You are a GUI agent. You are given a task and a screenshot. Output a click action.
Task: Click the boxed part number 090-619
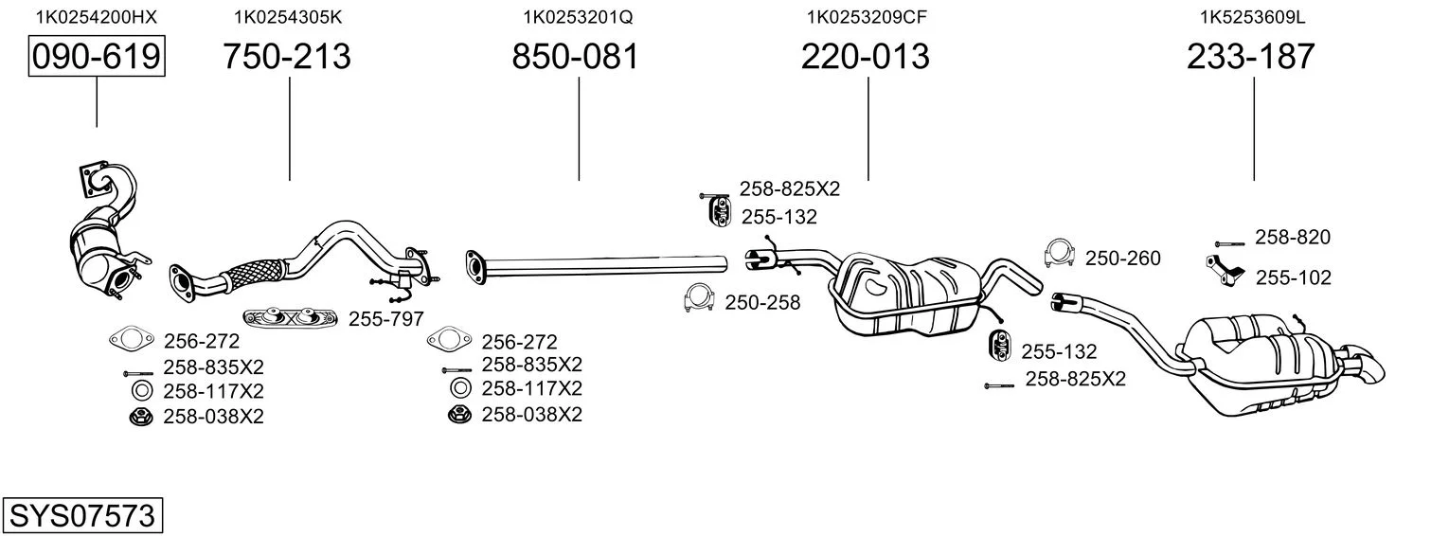coord(97,56)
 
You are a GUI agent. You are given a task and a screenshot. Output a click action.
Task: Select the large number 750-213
coord(287,56)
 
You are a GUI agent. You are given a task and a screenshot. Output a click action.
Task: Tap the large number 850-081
coord(576,56)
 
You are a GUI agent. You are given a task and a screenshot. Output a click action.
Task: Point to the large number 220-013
coord(866,56)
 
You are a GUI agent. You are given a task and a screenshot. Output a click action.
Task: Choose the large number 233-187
coord(1251,56)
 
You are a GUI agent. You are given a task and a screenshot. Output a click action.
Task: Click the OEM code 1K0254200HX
coord(97,17)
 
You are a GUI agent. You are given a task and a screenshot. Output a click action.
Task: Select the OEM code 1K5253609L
coord(1253,17)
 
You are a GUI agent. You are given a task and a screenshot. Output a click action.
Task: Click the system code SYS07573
coord(82,515)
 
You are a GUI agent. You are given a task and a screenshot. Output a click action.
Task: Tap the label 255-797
coord(386,319)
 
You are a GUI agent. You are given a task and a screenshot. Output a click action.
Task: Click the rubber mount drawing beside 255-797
coord(290,317)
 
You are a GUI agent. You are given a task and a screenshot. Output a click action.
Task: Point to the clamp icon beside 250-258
coord(699,298)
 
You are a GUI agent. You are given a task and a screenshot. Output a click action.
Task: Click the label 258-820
coord(1293,238)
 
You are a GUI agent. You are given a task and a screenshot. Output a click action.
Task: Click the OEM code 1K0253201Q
coord(578,17)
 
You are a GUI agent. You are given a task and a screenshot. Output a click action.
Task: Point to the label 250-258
coord(762,303)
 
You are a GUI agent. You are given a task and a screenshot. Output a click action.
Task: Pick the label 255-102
coord(1293,278)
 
